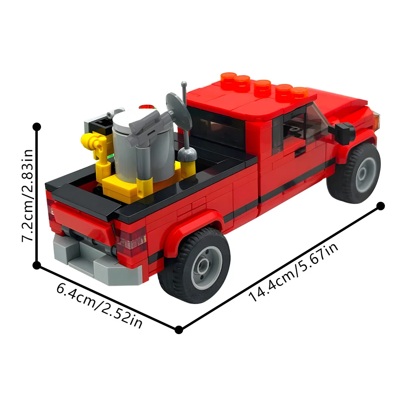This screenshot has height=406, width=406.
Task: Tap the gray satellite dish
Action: point(179,108)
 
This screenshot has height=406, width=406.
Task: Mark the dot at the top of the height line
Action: point(37,127)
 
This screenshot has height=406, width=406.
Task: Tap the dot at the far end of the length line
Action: point(380,206)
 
